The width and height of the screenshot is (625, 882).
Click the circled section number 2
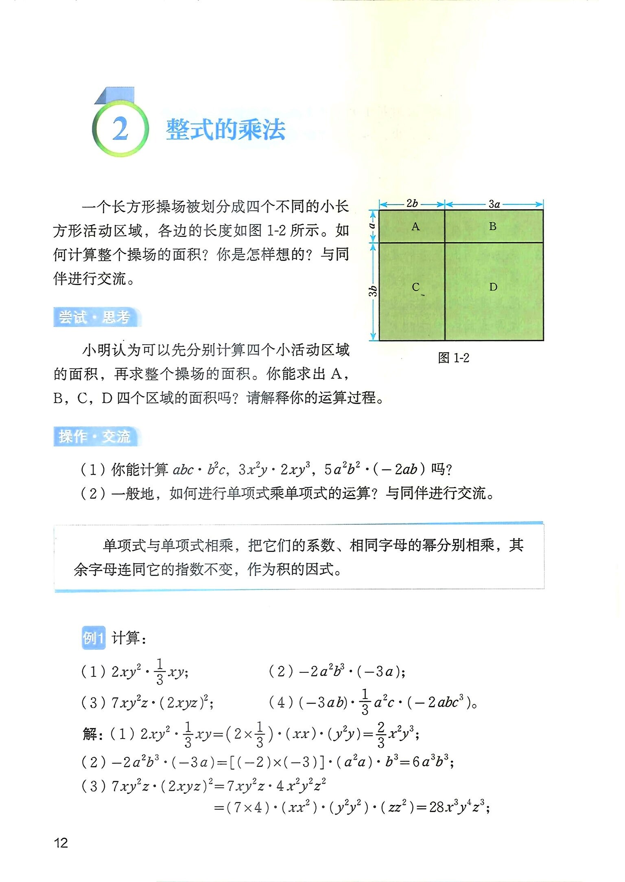click(120, 129)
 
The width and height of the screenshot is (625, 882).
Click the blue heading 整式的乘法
click(225, 130)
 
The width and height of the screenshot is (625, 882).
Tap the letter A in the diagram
click(415, 226)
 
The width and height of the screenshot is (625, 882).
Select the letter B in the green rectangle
click(492, 226)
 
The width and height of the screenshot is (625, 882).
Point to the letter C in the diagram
click(415, 287)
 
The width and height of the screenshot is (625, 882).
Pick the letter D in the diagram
click(493, 287)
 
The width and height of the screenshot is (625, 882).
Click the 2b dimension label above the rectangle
click(412, 203)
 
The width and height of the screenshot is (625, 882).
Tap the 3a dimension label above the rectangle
click(494, 204)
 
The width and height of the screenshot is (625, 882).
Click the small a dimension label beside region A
click(372, 225)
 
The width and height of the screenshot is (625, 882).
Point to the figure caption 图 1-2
click(453, 358)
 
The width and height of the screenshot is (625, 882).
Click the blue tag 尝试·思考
click(95, 317)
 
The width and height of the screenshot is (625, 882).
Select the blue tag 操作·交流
click(95, 437)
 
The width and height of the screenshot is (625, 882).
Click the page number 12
click(61, 843)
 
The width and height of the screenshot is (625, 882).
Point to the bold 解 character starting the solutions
click(90, 734)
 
